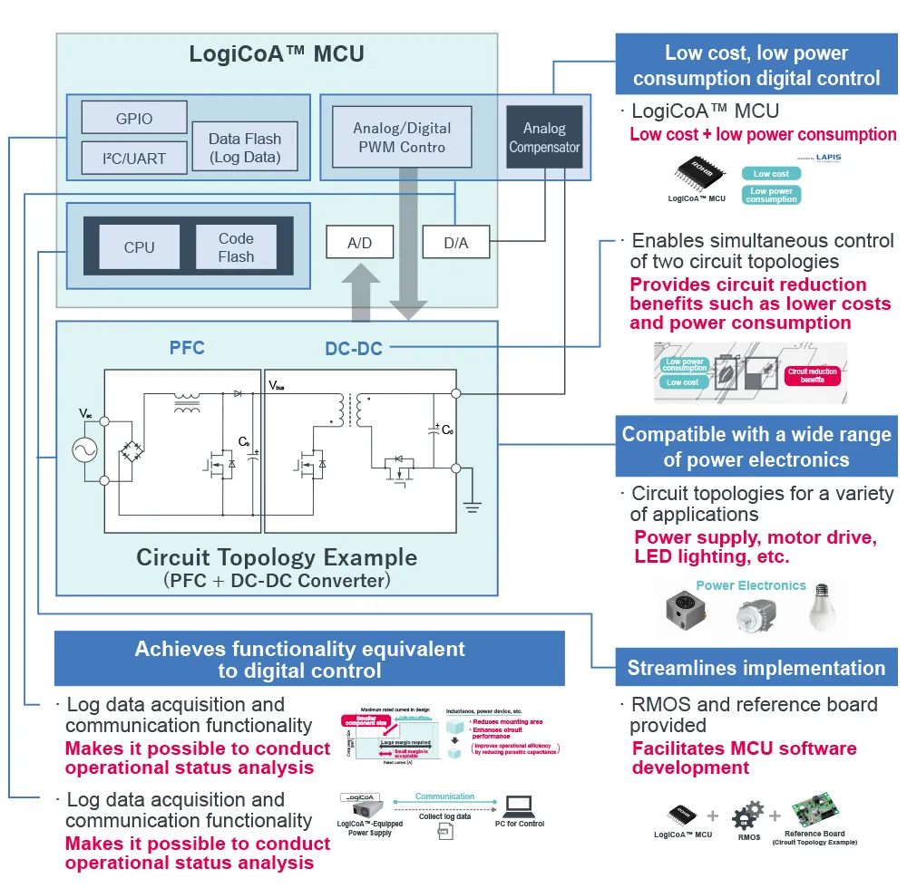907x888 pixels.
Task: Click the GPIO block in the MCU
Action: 134,118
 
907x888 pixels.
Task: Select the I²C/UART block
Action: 134,158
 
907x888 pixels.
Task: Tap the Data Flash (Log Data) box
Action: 245,148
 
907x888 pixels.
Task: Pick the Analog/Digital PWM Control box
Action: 401,137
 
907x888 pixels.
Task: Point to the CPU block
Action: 140,246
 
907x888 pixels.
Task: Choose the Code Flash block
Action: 236,246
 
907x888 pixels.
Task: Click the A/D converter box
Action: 359,243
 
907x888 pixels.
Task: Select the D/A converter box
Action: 455,243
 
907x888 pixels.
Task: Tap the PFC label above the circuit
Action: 187,347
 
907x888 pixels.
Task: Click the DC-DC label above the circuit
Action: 354,348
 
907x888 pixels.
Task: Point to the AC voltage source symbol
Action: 91,450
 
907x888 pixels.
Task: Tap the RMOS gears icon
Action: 747,814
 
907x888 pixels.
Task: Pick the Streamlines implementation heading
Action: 756,669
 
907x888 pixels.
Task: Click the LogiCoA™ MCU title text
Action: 277,53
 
